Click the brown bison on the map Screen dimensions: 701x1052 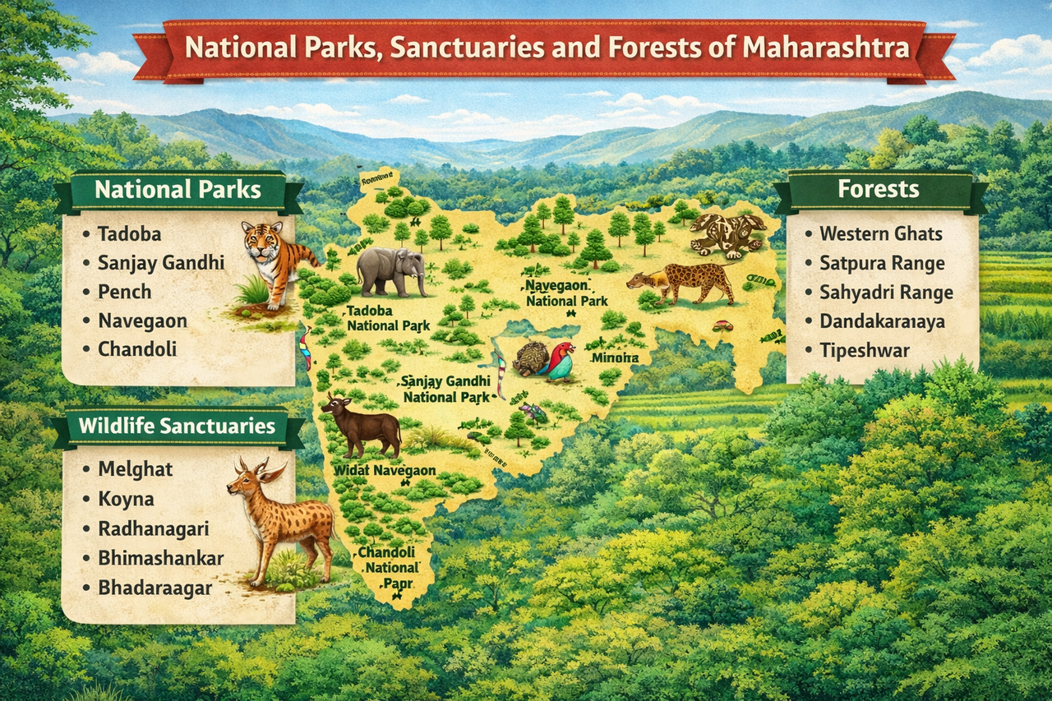pos(362,425)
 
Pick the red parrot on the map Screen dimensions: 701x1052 pos(559,361)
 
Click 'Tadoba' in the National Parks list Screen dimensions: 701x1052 pos(130,233)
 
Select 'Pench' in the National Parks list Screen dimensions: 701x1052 pos(124,292)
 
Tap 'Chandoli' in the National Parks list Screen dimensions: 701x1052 pos(137,349)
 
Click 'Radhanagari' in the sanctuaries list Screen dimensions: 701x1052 pos(153,528)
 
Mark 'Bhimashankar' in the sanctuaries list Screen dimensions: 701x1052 pos(160,558)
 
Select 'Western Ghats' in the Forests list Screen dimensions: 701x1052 pos(880,233)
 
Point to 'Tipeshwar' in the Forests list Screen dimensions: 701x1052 pos(864,351)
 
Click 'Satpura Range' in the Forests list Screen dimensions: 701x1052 pos(882,263)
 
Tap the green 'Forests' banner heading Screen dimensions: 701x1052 pos(878,190)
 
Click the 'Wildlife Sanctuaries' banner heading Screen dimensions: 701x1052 pos(177,426)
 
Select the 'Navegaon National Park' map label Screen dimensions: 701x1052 pos(566,293)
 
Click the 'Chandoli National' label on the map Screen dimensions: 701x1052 pos(388,560)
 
